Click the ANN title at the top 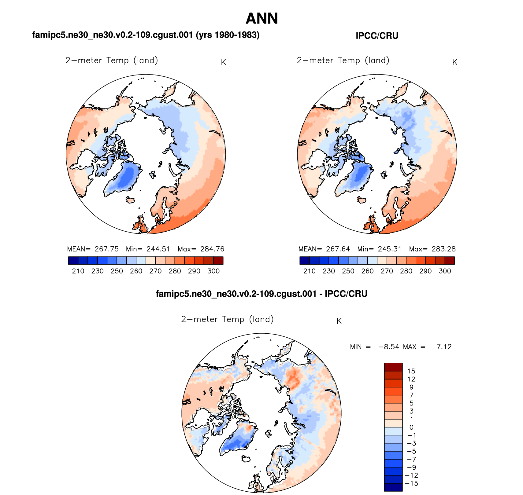tap(262, 19)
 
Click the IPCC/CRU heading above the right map tap(377, 36)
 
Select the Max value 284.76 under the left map tap(212, 249)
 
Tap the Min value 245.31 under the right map tap(389, 249)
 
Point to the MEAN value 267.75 tap(106, 249)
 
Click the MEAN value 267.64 tap(338, 249)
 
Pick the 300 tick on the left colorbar tap(213, 271)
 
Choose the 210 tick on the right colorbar tap(310, 271)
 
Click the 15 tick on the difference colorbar tap(411, 371)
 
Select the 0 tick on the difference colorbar tap(411, 427)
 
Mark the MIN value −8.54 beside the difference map tap(389, 347)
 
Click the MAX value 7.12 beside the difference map tap(444, 347)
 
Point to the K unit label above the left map tap(223, 62)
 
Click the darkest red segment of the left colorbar tap(218, 261)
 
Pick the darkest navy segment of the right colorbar tap(305, 261)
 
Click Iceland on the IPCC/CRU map tap(362, 200)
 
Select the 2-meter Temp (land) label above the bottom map tap(227, 319)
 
